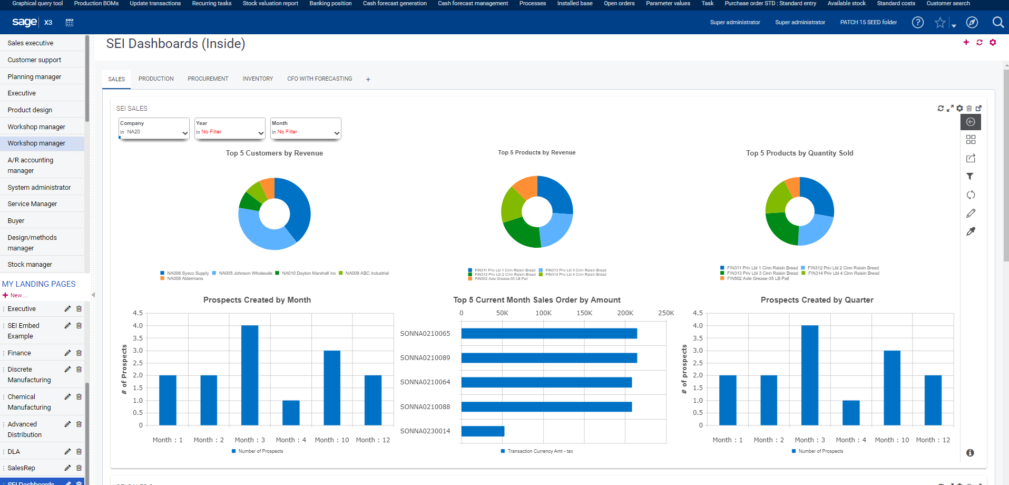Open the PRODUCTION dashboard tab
(156, 79)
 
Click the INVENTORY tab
(258, 79)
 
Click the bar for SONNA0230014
(483, 431)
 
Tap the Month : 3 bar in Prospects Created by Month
(250, 375)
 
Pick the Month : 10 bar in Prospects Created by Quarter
(892, 387)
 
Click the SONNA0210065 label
(425, 334)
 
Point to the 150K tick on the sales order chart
(584, 313)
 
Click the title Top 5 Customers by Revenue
(274, 153)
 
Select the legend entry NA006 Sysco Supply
(188, 273)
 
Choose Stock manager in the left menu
(30, 265)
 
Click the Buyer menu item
(16, 221)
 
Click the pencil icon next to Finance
(67, 353)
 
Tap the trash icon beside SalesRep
(79, 468)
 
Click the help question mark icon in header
(917, 22)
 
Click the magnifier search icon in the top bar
(997, 22)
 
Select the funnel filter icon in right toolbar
(970, 177)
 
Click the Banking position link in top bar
(330, 3)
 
